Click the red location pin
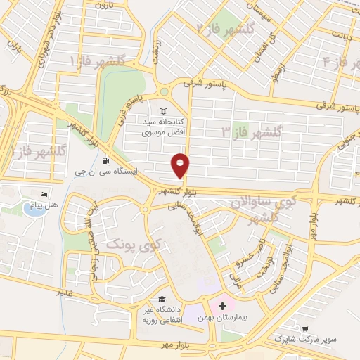(181, 165)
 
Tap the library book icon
(164, 112)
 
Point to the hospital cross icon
(223, 306)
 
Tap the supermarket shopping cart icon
(305, 328)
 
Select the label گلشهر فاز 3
(252, 131)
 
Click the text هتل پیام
(43, 205)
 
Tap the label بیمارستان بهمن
(224, 318)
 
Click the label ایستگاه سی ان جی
(105, 170)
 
